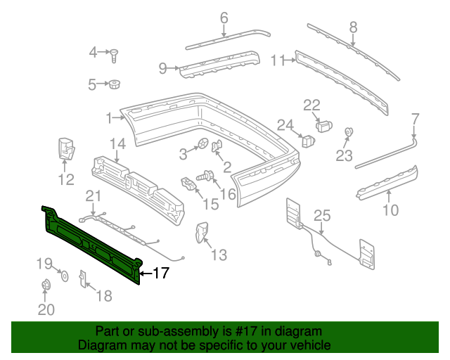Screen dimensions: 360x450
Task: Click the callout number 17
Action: (160, 273)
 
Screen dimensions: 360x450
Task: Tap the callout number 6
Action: (224, 18)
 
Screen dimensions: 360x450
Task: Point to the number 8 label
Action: (353, 27)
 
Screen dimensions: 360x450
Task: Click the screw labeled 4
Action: (114, 53)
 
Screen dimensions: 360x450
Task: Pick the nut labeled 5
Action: (112, 85)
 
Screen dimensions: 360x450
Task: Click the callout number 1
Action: (110, 117)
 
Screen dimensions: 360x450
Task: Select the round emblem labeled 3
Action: (202, 145)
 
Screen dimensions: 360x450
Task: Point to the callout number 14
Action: (117, 144)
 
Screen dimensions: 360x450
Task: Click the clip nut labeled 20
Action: (46, 285)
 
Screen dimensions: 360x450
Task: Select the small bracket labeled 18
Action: (82, 279)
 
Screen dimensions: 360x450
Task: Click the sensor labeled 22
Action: (323, 126)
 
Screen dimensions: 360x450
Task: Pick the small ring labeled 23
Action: (347, 131)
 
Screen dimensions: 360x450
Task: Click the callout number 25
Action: (321, 215)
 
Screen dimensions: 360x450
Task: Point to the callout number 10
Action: (390, 210)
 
